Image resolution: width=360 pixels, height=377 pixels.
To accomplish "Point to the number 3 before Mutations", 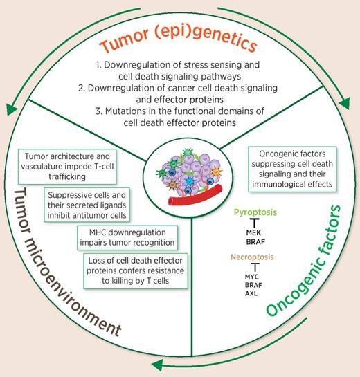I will click(90, 113).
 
